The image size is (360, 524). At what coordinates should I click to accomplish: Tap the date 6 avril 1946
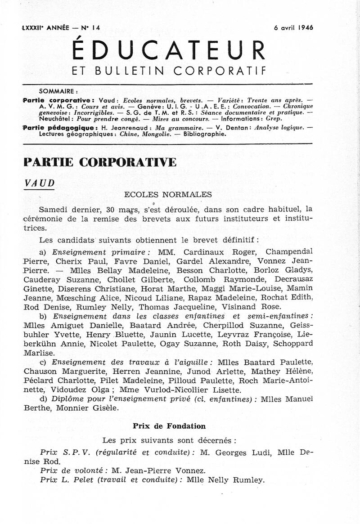pos(293,27)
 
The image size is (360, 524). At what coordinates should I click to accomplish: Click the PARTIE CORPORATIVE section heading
pos(100,162)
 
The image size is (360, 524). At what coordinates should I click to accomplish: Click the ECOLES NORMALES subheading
pos(168,195)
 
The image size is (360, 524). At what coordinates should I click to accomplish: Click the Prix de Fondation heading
pos(169,425)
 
